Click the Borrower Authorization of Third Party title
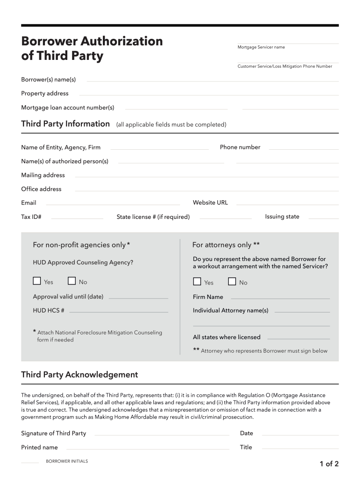pyautogui.click(x=92, y=49)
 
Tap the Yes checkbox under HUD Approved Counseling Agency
pyautogui.click(x=37, y=281)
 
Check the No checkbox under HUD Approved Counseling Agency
pyautogui.click(x=72, y=281)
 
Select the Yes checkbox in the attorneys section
pyautogui.click(x=197, y=282)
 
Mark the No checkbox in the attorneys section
pyautogui.click(x=232, y=282)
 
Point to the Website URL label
pyautogui.click(x=210, y=203)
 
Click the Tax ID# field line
pyautogui.click(x=77, y=218)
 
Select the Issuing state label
pyautogui.click(x=282, y=217)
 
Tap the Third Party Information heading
pyautogui.click(x=65, y=124)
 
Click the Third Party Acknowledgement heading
pyautogui.click(x=79, y=375)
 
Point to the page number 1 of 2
pyautogui.click(x=329, y=464)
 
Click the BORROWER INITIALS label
pyautogui.click(x=67, y=461)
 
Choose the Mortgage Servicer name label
pyautogui.click(x=261, y=47)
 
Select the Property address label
pyautogui.click(x=45, y=94)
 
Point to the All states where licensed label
pyautogui.click(x=227, y=337)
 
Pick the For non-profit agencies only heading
pyautogui.click(x=81, y=245)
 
